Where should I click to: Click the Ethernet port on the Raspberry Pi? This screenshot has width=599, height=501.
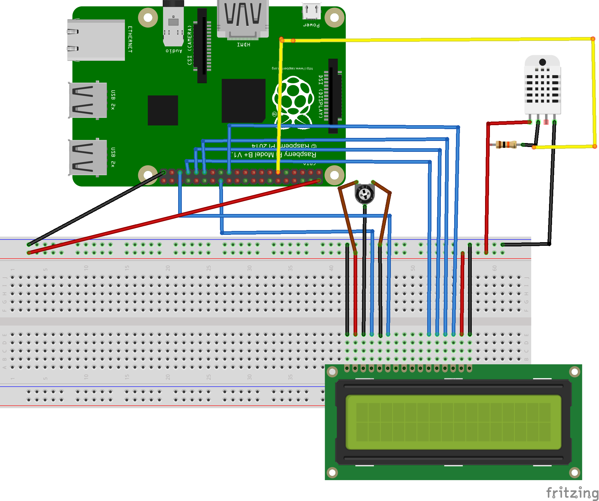(96, 40)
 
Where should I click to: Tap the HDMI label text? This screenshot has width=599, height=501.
(243, 45)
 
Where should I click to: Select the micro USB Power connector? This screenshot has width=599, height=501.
(311, 12)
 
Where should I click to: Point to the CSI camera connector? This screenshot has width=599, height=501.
(202, 45)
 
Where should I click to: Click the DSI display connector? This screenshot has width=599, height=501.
(333, 95)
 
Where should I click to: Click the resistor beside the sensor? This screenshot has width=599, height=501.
(506, 145)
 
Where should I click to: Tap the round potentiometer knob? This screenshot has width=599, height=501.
(364, 194)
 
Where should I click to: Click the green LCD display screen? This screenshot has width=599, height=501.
(453, 422)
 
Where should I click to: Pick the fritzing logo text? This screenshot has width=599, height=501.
(572, 493)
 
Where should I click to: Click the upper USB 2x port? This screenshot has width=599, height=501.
(88, 100)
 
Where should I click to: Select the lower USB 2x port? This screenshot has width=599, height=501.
(88, 158)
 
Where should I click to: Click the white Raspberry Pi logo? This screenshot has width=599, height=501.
(293, 100)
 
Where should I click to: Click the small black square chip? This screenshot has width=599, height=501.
(163, 110)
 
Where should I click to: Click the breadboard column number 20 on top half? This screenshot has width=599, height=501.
(168, 268)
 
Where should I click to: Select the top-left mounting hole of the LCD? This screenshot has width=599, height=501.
(332, 372)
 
